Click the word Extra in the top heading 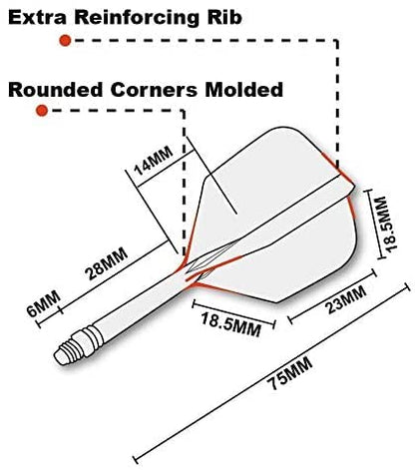tap(37, 17)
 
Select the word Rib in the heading tap(224, 17)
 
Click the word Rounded tap(55, 90)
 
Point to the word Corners tap(154, 90)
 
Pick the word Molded tap(243, 90)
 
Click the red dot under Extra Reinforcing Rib tap(65, 41)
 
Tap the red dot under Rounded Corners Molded tap(42, 111)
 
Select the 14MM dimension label tap(153, 162)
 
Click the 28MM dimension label tap(107, 263)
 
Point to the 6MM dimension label tap(44, 304)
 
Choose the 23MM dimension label tap(346, 299)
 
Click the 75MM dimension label tap(291, 373)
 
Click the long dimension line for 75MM tap(271, 372)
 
